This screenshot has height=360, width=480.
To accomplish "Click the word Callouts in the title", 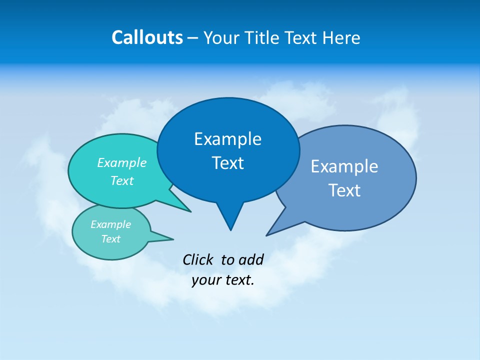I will (x=147, y=37).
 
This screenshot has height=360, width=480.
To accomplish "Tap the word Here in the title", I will (x=342, y=37).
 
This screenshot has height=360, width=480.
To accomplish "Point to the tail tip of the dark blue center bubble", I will (x=230, y=229).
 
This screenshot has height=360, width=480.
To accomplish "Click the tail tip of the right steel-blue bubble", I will (x=267, y=235).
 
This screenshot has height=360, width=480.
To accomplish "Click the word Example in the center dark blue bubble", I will (x=227, y=138).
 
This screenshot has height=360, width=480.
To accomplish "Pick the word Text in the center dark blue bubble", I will (x=227, y=163).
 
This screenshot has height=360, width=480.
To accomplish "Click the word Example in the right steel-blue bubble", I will (x=344, y=166).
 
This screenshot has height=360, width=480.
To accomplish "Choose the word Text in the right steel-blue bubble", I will (x=344, y=190).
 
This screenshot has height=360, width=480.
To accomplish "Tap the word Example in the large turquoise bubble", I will (x=122, y=162).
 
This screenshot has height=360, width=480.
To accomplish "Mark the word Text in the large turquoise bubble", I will (x=122, y=180).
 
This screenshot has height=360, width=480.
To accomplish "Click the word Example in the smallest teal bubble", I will (x=110, y=224).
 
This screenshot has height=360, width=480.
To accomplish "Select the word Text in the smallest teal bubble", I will (x=110, y=239).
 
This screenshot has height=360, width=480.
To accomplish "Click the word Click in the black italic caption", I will (x=198, y=259).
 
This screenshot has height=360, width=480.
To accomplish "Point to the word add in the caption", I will (x=251, y=259).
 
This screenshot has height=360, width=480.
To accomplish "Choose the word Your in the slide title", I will (x=220, y=37).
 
